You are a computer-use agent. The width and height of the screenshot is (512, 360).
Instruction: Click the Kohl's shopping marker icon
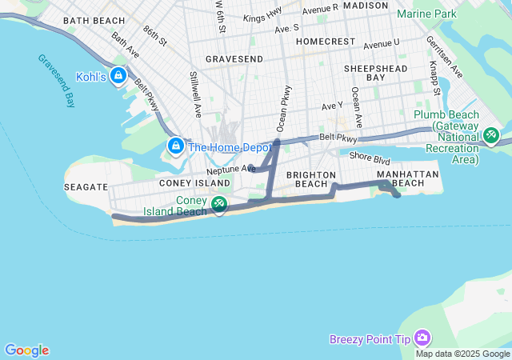click(118, 75)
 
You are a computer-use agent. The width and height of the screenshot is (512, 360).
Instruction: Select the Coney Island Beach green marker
click(218, 206)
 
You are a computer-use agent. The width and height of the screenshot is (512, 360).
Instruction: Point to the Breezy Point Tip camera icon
click(422, 339)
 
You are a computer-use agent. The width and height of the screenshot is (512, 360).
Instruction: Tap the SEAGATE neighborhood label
click(85, 186)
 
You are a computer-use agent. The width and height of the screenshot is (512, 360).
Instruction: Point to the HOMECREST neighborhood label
click(324, 41)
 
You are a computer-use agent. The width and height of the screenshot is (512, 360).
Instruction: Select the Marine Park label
click(426, 14)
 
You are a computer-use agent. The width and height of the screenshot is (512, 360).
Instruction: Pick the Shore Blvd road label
click(369, 159)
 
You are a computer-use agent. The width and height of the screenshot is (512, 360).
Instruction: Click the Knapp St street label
click(435, 78)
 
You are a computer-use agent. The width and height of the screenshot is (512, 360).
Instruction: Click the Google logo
click(26, 350)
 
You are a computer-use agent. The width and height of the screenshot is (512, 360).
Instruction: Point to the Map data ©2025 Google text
click(462, 354)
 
